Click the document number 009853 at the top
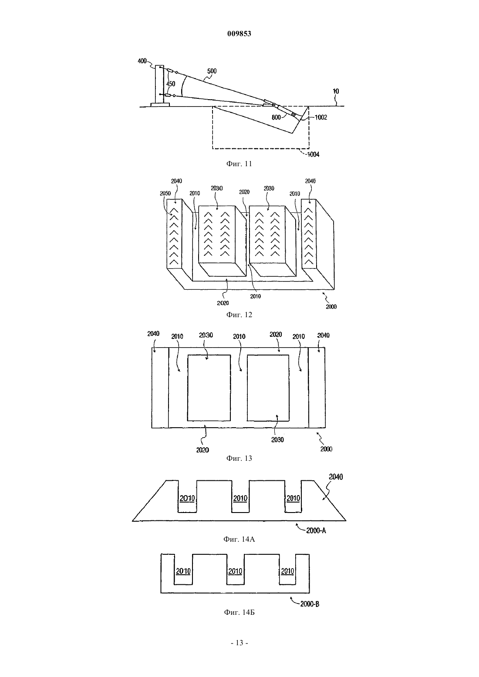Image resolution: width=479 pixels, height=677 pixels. [x=239, y=34]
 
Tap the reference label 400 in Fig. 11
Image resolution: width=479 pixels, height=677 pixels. [x=142, y=61]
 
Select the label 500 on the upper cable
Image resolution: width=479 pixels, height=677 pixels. [x=212, y=71]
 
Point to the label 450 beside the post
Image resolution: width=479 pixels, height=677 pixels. [x=171, y=84]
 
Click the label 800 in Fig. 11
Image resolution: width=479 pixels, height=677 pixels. [x=277, y=117]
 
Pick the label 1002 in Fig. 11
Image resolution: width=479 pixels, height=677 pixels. [x=321, y=117]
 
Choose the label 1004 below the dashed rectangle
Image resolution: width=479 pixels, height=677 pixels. [x=313, y=155]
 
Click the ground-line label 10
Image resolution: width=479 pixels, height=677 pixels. [x=336, y=91]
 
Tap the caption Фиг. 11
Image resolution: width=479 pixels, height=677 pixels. [x=239, y=164]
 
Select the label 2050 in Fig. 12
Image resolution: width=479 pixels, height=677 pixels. [x=165, y=194]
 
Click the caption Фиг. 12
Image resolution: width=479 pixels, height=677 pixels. [x=239, y=315]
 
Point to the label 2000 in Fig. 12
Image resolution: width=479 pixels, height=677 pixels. [x=331, y=307]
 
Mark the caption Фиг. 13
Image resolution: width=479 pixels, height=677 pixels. [x=239, y=458]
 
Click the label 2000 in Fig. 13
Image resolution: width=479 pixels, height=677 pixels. [x=326, y=449]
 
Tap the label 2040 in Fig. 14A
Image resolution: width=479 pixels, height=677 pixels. [x=336, y=477]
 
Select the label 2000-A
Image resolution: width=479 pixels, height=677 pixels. [x=316, y=530]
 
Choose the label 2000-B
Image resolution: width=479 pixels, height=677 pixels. [x=310, y=604]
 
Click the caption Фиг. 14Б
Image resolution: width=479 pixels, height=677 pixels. [x=239, y=612]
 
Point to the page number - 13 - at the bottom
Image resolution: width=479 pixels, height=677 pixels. [x=239, y=643]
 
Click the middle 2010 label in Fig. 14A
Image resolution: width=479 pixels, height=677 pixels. [x=240, y=498]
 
